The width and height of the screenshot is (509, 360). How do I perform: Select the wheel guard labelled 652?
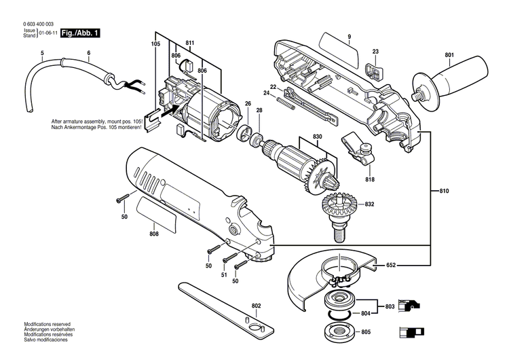click(x=326, y=272)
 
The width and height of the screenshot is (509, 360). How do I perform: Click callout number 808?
click(x=154, y=234)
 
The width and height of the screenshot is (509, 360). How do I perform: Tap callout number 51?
click(x=225, y=276)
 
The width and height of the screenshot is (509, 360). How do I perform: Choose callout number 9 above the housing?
click(x=348, y=35)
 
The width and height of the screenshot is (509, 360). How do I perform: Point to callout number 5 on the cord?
click(x=42, y=53)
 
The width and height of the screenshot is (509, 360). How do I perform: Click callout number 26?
click(x=248, y=104)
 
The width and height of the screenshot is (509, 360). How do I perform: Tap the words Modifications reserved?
click(x=48, y=325)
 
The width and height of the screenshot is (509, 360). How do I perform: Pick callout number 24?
click(x=267, y=94)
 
